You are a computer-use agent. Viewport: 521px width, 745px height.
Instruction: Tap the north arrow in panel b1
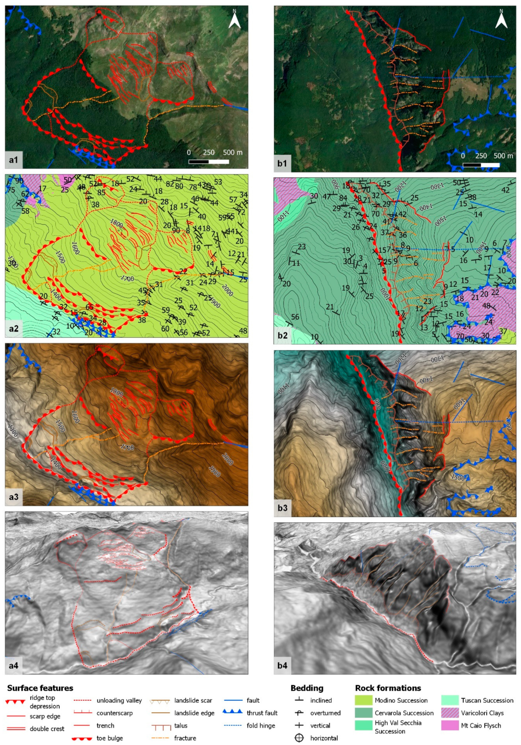501,20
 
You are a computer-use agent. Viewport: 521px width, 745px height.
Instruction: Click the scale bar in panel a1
209,161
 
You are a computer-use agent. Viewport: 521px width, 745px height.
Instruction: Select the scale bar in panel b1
481,165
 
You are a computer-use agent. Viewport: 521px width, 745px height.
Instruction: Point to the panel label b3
282,507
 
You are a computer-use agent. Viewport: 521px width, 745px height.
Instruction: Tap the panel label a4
14,665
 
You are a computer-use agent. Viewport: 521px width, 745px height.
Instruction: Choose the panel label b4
282,665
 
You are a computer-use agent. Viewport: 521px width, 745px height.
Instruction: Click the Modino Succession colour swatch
363,700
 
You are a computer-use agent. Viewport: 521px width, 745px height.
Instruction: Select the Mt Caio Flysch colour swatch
449,726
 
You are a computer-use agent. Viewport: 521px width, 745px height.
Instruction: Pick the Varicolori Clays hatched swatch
449,713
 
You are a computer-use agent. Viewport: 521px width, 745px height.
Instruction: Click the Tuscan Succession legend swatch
449,700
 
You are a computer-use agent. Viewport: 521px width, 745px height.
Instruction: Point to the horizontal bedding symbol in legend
299,738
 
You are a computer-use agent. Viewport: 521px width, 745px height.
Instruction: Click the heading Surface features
40,688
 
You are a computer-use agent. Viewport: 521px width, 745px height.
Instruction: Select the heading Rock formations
388,688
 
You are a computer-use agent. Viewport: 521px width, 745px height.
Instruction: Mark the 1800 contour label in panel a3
116,393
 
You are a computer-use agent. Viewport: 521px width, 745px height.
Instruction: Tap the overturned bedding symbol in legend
299,713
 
